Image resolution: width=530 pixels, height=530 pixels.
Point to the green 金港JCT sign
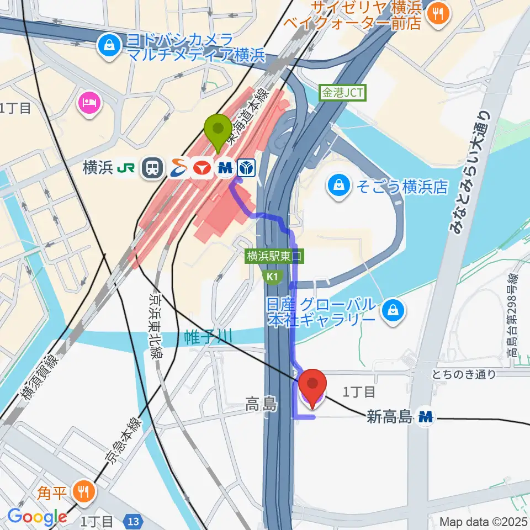coord(342,93)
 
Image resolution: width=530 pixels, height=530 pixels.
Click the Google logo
coord(37,517)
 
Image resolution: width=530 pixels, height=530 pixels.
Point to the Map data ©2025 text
coord(483,521)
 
